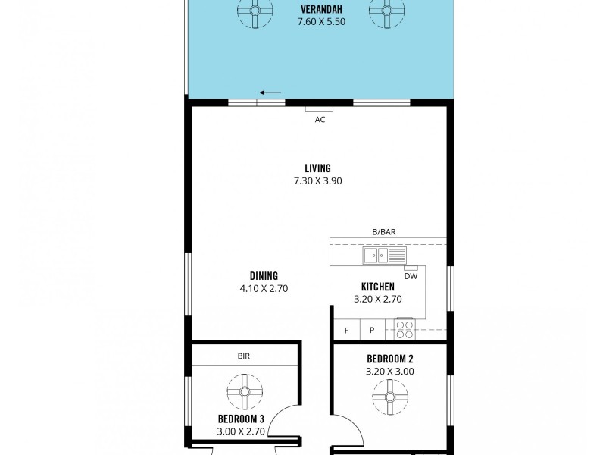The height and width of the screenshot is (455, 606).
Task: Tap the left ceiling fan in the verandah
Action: coord(253,11)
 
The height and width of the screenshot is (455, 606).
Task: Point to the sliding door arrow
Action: coord(270,93)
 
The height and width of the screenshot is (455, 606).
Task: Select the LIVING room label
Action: coord(318,168)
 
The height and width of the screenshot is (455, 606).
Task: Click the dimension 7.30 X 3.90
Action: coord(318,180)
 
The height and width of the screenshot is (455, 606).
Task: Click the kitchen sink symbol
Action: coord(376,255)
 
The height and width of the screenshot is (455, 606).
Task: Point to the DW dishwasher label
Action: coord(411,276)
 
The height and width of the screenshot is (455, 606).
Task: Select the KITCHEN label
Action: coord(377,287)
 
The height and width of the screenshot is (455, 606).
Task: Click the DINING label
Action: coord(264,276)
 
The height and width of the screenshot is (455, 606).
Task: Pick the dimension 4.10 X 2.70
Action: coord(264,288)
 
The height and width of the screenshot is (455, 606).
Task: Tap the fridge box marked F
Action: coord(347,330)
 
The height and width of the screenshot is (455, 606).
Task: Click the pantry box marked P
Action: coord(372,330)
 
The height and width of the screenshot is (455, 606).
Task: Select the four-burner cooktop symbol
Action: coord(405,329)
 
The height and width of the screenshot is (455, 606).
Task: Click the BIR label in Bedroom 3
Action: coord(243,355)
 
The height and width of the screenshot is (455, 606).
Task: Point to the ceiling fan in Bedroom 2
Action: coord(389,395)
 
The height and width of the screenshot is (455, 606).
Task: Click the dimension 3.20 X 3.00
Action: coord(389,372)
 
